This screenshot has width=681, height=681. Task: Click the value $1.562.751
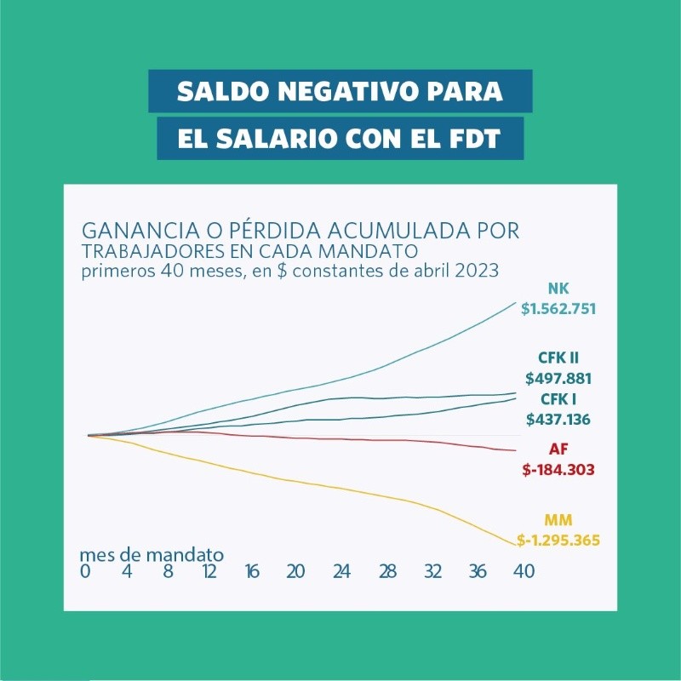point(558,309)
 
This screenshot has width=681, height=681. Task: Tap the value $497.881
point(558,378)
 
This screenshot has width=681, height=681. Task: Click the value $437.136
point(558,419)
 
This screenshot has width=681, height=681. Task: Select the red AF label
point(558,449)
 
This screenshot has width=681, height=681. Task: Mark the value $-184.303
point(558,469)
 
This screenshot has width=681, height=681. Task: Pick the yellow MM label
point(558,520)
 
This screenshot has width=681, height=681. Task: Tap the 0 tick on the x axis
point(85,572)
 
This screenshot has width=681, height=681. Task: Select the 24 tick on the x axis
point(342,572)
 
